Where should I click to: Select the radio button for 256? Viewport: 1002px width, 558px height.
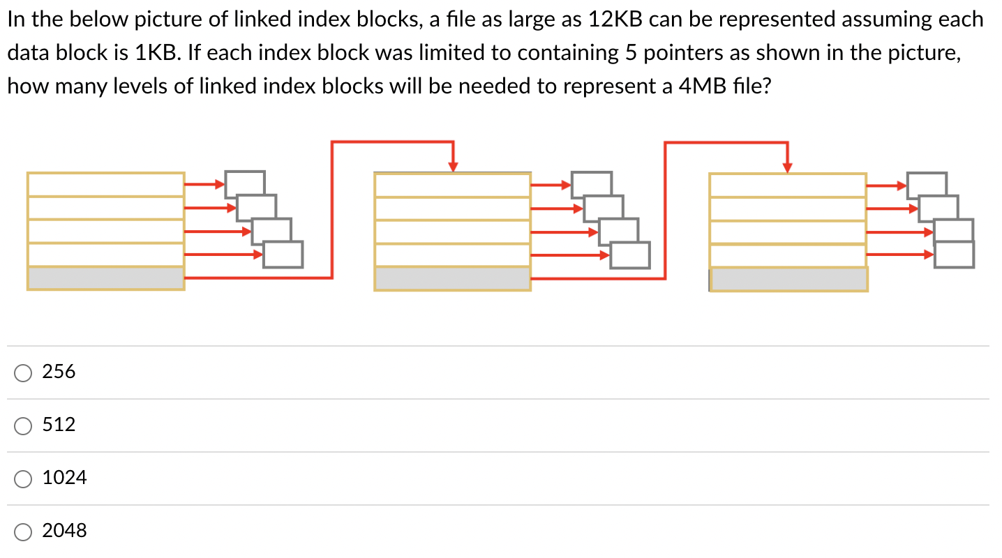(x=23, y=373)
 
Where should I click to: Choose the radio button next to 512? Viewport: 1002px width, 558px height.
(x=23, y=425)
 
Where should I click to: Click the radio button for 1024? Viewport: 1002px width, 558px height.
(x=23, y=478)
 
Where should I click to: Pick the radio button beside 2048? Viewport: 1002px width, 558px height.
(x=23, y=531)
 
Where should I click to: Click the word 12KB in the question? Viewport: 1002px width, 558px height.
(x=615, y=20)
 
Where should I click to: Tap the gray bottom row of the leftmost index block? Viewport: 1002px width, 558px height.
(x=105, y=278)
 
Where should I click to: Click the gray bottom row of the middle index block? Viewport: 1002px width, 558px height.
(x=452, y=278)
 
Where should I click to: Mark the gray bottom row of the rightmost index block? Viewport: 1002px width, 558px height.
(x=788, y=279)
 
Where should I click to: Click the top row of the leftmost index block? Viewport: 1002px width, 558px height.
(x=105, y=184)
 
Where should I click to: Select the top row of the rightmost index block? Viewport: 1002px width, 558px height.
(x=788, y=185)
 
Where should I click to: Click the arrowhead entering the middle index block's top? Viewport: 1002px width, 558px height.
(x=454, y=166)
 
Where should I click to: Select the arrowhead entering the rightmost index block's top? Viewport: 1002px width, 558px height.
(x=788, y=167)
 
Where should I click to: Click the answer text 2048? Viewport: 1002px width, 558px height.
(x=65, y=531)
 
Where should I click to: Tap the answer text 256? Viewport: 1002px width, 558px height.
(x=59, y=372)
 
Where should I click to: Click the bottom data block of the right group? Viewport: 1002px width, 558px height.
(x=954, y=255)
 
